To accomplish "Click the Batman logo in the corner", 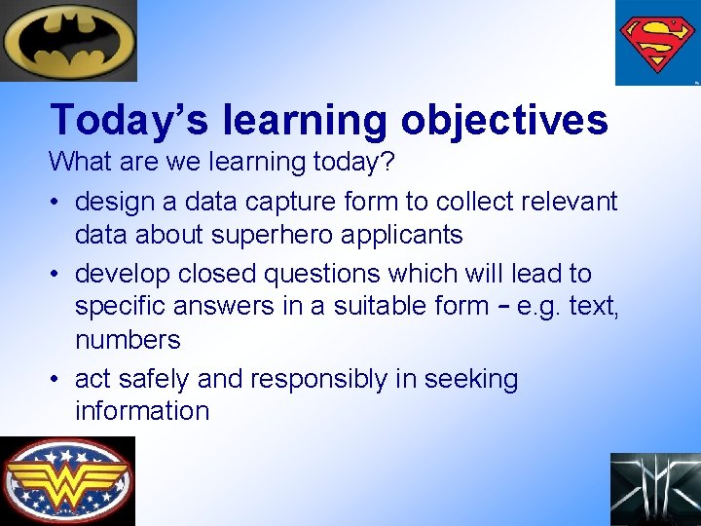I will (x=68, y=40).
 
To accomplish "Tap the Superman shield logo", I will (x=657, y=43).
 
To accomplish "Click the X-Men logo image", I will (x=655, y=489).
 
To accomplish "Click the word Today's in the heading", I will (x=130, y=121).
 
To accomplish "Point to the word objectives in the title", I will (x=503, y=121).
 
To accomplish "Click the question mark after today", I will (x=387, y=161).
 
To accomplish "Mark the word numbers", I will (x=128, y=340).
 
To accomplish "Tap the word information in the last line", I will (x=142, y=411).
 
